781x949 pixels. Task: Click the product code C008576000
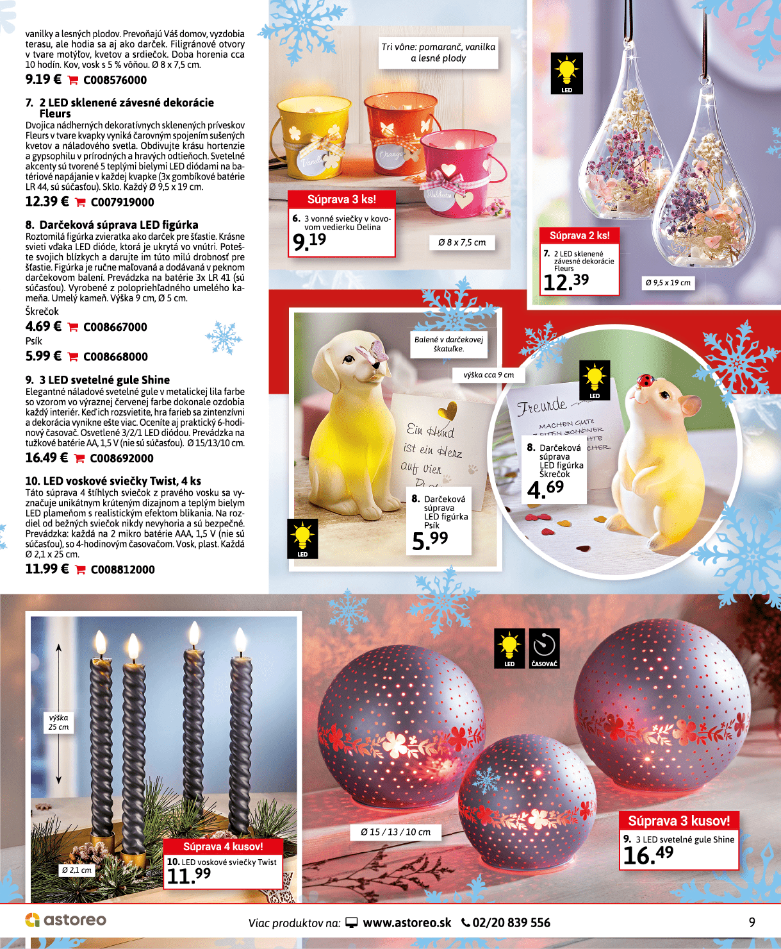pyautogui.click(x=115, y=80)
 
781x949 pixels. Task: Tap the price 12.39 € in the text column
pyautogui.click(x=47, y=201)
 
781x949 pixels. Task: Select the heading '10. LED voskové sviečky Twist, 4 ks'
pyautogui.click(x=113, y=481)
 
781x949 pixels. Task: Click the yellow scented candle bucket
pyautogui.click(x=309, y=138)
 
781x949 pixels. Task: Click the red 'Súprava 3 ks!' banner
pyautogui.click(x=341, y=199)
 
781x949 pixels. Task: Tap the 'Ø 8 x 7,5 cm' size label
pyautogui.click(x=462, y=242)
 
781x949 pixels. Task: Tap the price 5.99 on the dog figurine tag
pyautogui.click(x=430, y=541)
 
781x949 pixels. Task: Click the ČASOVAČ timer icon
pyautogui.click(x=544, y=648)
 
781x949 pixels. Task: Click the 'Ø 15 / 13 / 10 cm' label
pyautogui.click(x=395, y=832)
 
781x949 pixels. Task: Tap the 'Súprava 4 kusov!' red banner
pyautogui.click(x=223, y=846)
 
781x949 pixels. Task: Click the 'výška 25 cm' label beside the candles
pyautogui.click(x=58, y=722)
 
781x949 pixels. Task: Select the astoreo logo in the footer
pyautogui.click(x=65, y=920)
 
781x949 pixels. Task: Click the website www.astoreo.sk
pyautogui.click(x=406, y=923)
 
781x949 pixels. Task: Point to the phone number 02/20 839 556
pyautogui.click(x=511, y=923)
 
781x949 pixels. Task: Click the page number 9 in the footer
pyautogui.click(x=752, y=922)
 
